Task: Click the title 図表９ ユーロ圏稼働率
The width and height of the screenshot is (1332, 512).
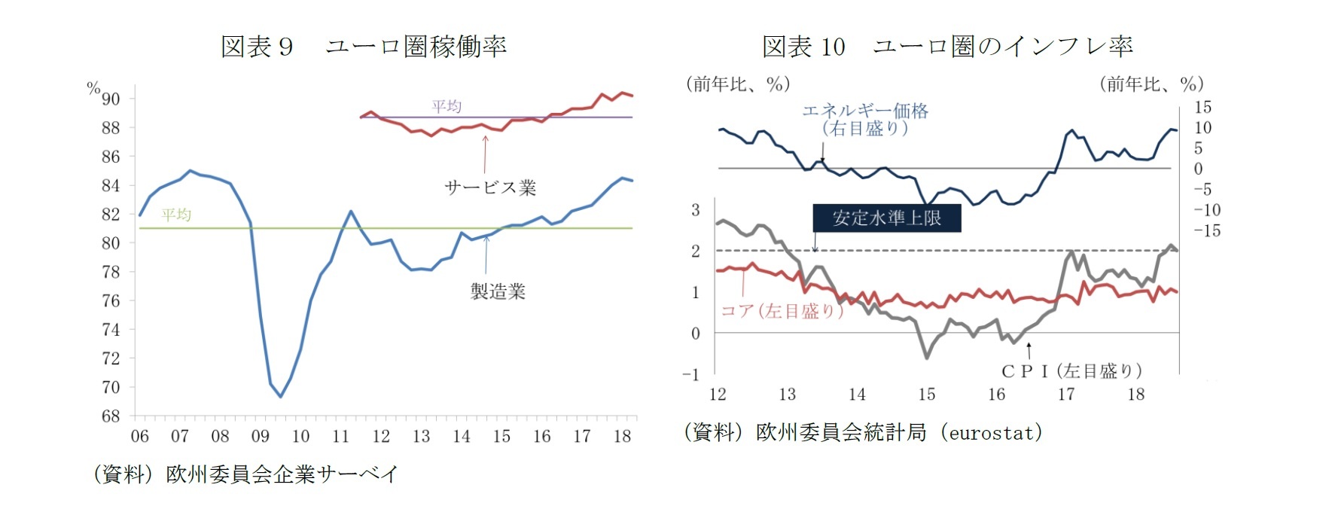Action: [x=363, y=47]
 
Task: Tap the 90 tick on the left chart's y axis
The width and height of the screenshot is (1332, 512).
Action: [x=111, y=99]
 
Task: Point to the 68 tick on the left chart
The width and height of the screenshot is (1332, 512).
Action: [x=111, y=416]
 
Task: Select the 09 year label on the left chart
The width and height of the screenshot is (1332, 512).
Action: [x=261, y=436]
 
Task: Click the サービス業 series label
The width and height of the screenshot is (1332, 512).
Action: [x=490, y=187]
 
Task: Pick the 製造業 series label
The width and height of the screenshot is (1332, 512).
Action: [x=498, y=291]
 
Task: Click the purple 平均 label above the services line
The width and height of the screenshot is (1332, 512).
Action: [x=447, y=106]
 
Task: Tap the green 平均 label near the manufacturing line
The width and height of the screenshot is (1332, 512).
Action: [x=176, y=215]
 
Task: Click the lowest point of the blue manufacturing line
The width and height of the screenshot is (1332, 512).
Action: [x=281, y=396]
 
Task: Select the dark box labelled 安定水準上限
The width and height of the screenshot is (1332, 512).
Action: [x=886, y=218]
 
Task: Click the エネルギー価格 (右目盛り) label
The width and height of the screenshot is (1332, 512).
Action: [x=865, y=120]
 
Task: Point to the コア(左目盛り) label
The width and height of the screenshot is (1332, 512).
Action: [x=782, y=310]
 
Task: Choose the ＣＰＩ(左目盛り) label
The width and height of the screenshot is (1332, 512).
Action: [x=1071, y=370]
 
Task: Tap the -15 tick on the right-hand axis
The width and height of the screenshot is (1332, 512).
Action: [x=1207, y=231]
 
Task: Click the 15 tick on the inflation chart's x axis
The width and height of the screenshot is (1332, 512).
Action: [x=927, y=394]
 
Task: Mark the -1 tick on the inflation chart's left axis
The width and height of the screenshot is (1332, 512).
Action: [x=691, y=374]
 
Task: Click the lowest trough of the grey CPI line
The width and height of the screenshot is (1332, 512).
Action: [x=927, y=358]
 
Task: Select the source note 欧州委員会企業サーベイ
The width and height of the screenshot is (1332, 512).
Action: [x=281, y=474]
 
